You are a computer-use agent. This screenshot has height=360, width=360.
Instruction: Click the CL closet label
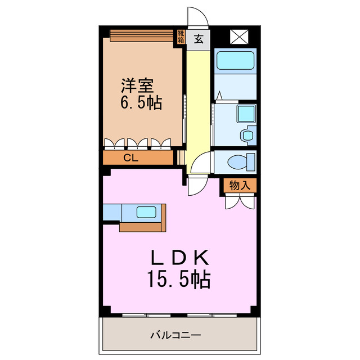[130, 158]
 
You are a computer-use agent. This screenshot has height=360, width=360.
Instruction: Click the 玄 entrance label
[199, 39]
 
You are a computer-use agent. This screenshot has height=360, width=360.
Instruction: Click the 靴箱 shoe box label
[181, 37]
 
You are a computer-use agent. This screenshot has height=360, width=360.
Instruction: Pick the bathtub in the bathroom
[235, 60]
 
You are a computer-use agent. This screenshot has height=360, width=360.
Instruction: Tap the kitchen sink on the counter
[147, 213]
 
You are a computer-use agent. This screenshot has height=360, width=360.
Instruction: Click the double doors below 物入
[241, 201]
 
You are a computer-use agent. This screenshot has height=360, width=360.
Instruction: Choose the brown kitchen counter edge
[144, 227]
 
